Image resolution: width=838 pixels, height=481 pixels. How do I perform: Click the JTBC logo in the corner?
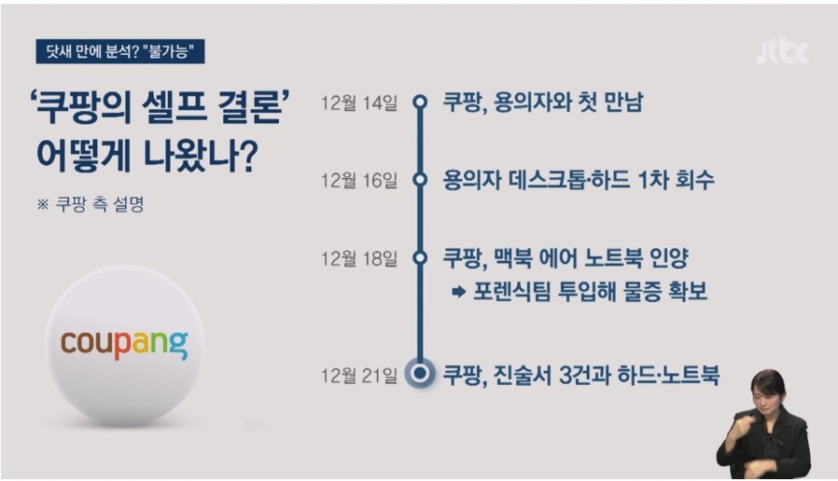(x=783, y=52)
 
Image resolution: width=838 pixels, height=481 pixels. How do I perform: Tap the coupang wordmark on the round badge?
(x=124, y=344)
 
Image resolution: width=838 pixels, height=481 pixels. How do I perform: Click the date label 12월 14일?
(x=359, y=103)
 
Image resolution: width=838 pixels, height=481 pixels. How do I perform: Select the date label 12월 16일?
(x=359, y=181)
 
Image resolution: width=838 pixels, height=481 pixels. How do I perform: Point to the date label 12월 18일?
(x=359, y=259)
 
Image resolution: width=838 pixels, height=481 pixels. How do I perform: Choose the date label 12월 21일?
(x=359, y=376)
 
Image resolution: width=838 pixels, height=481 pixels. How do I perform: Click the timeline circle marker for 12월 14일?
(x=421, y=102)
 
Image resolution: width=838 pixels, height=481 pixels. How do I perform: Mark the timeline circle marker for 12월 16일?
(x=421, y=179)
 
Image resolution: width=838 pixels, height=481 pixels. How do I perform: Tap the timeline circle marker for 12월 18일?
(x=421, y=258)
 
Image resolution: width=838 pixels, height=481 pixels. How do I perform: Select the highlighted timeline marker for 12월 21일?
(x=421, y=373)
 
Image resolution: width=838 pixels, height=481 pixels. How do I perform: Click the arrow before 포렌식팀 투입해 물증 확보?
(x=459, y=292)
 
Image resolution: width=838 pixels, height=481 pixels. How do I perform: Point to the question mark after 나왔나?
(x=246, y=156)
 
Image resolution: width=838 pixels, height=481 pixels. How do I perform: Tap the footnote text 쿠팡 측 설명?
(x=100, y=204)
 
